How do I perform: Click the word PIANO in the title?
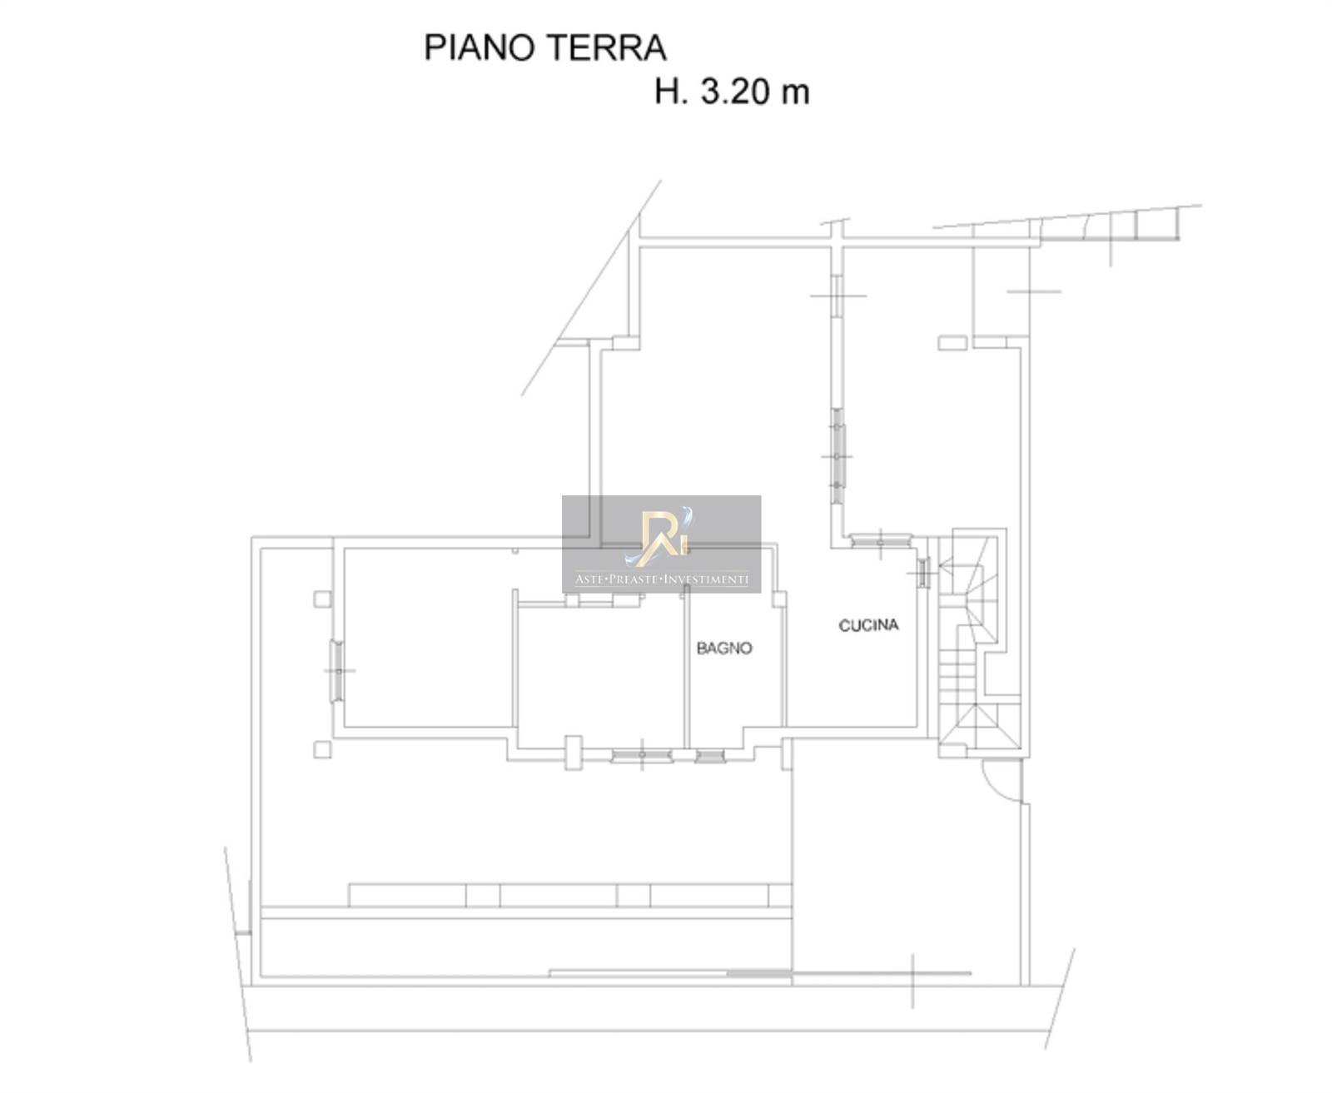click(480, 48)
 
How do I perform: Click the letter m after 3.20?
click(795, 95)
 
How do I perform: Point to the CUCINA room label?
click(867, 625)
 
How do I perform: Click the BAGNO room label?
click(723, 648)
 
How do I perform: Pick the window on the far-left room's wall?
click(336, 671)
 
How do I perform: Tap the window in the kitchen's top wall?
click(881, 541)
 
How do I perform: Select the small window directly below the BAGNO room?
click(709, 757)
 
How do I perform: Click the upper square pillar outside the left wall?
click(323, 599)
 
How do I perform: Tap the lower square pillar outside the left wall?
click(323, 749)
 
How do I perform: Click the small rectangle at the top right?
click(952, 343)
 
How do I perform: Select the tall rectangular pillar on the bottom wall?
click(573, 753)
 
